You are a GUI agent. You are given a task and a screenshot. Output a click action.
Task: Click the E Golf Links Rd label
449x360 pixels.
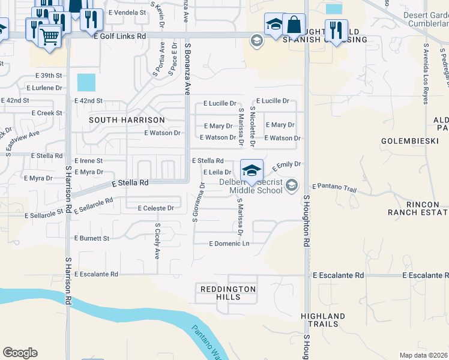pyautogui.click(x=121, y=37)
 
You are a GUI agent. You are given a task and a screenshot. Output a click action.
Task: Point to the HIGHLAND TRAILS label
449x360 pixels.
pyautogui.click(x=323, y=320)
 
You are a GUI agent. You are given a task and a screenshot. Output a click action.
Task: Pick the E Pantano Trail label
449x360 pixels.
pyautogui.click(x=334, y=188)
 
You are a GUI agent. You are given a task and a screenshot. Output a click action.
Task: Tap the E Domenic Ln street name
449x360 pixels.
pyautogui.click(x=229, y=244)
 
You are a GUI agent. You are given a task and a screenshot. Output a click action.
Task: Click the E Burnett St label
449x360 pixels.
pyautogui.click(x=92, y=238)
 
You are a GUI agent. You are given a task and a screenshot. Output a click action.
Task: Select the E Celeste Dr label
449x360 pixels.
pyautogui.click(x=155, y=208)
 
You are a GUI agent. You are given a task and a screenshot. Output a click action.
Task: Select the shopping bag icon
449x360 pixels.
pyautogui.click(x=294, y=25)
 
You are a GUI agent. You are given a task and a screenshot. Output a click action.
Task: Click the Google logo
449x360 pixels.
pyautogui.click(x=20, y=353)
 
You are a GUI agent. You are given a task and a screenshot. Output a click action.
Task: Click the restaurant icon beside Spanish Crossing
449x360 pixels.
pyautogui.click(x=336, y=31)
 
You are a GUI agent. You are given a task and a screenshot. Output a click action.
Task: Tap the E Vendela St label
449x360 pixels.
pyautogui.click(x=128, y=12)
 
